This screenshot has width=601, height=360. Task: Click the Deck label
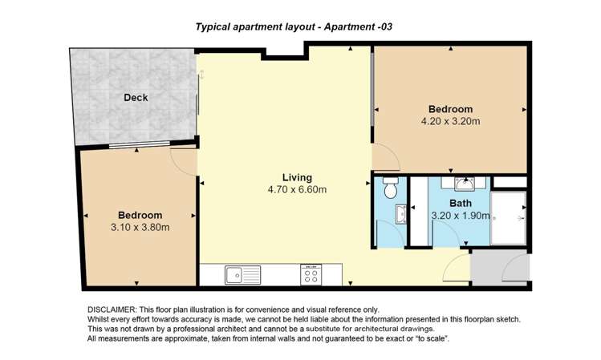click(136, 98)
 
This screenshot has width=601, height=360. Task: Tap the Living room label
click(297, 177)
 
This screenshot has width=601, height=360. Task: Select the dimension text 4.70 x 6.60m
click(297, 189)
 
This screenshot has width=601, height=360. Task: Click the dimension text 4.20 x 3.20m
click(450, 121)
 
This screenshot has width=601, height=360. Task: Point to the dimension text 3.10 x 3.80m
click(140, 228)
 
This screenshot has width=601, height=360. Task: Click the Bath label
click(461, 204)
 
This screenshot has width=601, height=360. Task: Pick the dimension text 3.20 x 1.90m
click(461, 216)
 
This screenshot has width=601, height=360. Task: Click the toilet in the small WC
click(390, 188)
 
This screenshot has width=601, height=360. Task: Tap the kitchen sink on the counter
click(242, 275)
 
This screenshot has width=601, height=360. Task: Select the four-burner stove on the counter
click(311, 274)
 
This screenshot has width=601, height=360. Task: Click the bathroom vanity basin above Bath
click(465, 184)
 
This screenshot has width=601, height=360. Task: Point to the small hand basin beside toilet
click(401, 214)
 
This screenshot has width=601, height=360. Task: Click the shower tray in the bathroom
click(508, 218)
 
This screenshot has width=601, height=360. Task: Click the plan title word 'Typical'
click(213, 26)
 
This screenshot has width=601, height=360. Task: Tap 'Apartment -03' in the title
click(358, 26)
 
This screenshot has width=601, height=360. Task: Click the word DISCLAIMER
click(112, 309)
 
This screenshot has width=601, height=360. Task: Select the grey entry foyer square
click(500, 267)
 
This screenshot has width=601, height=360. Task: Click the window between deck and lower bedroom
click(140, 144)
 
